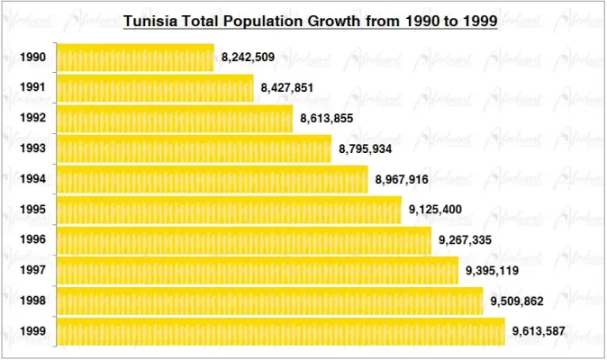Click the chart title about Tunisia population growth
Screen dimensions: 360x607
click(310, 21)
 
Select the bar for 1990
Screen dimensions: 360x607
click(135, 58)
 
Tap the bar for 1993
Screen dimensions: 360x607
click(194, 148)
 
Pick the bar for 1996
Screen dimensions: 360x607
click(244, 240)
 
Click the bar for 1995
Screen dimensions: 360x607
click(229, 210)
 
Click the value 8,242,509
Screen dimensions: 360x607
click(248, 58)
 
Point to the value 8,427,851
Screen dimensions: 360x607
click(288, 88)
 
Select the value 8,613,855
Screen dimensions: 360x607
click(328, 119)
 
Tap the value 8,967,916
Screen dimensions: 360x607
click(403, 179)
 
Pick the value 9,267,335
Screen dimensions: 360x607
click(466, 240)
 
